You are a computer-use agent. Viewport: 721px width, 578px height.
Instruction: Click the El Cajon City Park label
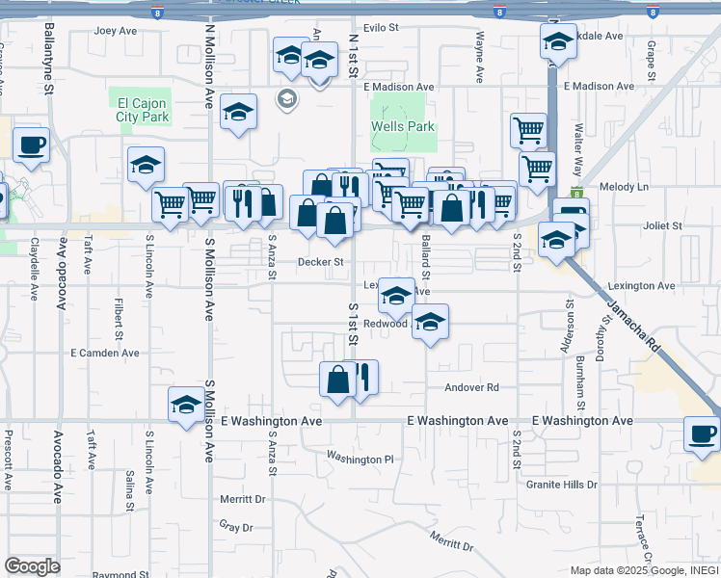coord(143,110)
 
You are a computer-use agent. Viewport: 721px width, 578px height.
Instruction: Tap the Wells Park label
coord(403,126)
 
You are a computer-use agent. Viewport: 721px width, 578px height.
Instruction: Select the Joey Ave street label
coord(116,31)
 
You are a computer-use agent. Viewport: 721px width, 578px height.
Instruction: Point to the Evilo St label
coord(381,28)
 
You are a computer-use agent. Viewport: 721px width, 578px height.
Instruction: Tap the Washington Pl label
coord(360,459)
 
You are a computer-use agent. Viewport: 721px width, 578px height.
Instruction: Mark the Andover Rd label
coord(471,387)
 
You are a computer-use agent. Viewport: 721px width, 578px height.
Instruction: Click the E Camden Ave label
coord(105,354)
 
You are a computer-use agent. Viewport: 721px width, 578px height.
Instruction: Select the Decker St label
coord(320,262)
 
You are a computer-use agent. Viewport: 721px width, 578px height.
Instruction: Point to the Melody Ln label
coord(624,187)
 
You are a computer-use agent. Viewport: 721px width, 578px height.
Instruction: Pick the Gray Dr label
coord(235,527)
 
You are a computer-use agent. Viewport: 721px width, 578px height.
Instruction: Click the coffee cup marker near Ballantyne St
coord(31,145)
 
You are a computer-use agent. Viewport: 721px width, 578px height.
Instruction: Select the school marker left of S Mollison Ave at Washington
coord(185,405)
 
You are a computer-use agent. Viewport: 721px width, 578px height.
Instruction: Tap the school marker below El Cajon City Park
coord(146,165)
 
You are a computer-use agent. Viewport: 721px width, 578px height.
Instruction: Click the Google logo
coord(32,566)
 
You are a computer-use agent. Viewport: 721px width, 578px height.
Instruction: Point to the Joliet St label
coord(662,225)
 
